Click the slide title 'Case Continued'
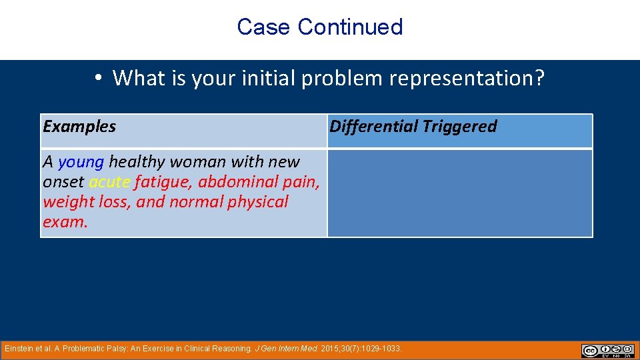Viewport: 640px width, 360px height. tap(320, 27)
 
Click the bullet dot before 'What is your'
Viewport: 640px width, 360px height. tap(97, 79)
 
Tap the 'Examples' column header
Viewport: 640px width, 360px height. tap(79, 127)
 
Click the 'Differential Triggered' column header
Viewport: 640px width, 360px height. tap(413, 127)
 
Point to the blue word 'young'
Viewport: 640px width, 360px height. tap(81, 162)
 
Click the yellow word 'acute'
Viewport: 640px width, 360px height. tap(109, 182)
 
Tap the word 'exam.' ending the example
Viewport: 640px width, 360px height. tap(65, 222)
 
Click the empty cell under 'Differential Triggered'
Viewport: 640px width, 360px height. tap(459, 193)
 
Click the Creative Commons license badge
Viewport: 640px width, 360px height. tap(607, 351)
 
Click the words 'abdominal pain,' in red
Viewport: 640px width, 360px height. tap(259, 182)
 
